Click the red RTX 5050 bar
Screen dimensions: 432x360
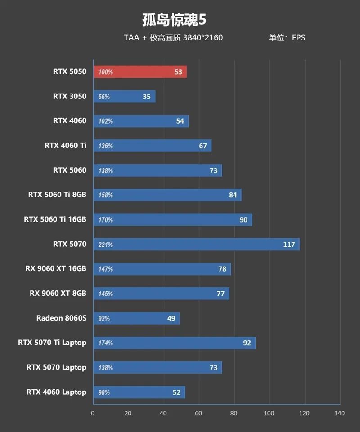click(x=139, y=72)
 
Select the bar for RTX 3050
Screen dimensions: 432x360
click(x=124, y=97)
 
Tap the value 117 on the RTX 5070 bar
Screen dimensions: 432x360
click(x=289, y=245)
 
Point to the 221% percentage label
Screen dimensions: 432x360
click(x=106, y=245)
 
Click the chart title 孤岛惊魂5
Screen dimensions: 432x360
click(x=174, y=20)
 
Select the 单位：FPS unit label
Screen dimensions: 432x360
click(x=287, y=38)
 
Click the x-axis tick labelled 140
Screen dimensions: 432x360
click(x=339, y=414)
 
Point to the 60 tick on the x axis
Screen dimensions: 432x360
click(x=198, y=414)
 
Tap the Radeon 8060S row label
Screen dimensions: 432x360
click(x=61, y=318)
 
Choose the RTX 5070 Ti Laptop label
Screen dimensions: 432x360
click(x=52, y=343)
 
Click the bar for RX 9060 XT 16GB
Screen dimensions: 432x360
click(x=162, y=269)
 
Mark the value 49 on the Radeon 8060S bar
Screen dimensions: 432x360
click(x=171, y=318)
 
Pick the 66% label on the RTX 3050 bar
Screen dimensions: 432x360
click(x=104, y=97)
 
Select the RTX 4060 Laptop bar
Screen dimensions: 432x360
click(x=139, y=392)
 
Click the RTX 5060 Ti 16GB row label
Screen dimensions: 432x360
click(x=55, y=220)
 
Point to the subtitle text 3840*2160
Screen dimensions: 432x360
click(x=203, y=38)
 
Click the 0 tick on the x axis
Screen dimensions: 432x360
click(x=93, y=414)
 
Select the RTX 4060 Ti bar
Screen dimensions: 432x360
click(x=152, y=146)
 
